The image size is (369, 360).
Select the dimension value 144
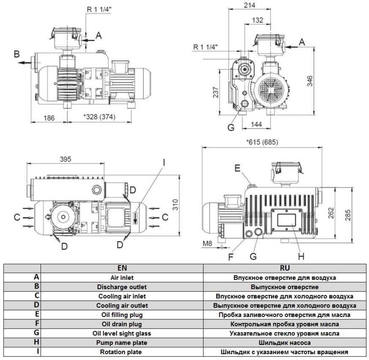pos(256,125)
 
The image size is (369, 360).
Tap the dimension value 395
pos(65,159)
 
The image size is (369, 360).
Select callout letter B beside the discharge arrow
pos(16,54)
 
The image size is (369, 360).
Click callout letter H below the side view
pos(301,256)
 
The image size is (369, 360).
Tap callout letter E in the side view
pos(237,168)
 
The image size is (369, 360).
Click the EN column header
pos(122,268)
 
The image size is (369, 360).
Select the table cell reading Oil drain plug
pos(122,324)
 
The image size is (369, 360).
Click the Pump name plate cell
pos(122,342)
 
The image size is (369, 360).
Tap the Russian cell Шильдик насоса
pos(284,342)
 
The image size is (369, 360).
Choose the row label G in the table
pos(37,333)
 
